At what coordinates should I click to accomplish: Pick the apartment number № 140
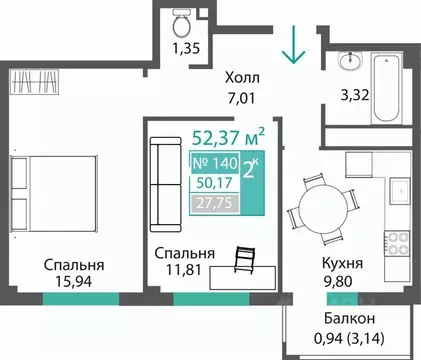click(211, 162)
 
